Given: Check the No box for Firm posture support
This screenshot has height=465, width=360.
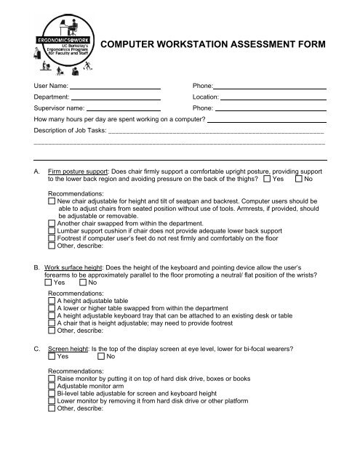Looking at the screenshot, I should click(299, 179).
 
